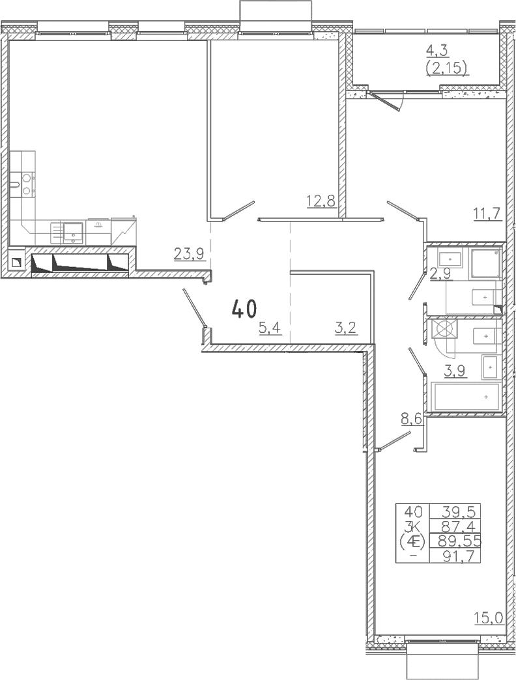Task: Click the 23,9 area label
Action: (x=189, y=253)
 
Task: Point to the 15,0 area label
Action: (x=489, y=617)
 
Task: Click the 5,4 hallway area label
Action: (x=270, y=328)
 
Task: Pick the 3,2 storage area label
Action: (x=345, y=328)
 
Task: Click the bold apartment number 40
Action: (x=244, y=309)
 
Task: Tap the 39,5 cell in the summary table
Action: (x=459, y=512)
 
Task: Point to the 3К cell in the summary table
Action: (x=412, y=526)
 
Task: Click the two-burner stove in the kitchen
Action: (x=27, y=184)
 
